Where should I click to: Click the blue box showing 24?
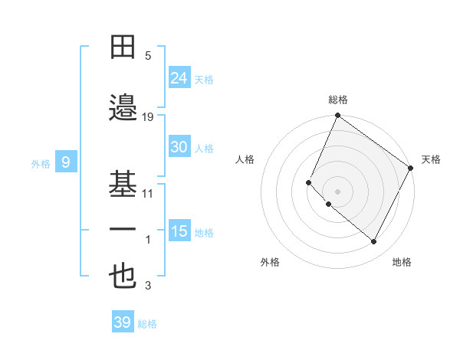179,78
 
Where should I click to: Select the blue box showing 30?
179,147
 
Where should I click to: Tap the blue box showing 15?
179,231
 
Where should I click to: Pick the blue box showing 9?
66,162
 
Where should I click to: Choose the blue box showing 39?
122,322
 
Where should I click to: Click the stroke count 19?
148,116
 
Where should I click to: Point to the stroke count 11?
148,193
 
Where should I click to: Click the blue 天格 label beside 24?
204,79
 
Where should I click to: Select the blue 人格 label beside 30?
204,148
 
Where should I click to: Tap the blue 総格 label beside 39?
147,324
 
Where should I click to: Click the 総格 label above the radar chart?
338,100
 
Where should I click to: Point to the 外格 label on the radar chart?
270,262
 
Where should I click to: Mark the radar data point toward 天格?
412,168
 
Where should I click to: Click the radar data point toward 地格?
374,242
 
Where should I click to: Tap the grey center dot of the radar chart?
338,191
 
